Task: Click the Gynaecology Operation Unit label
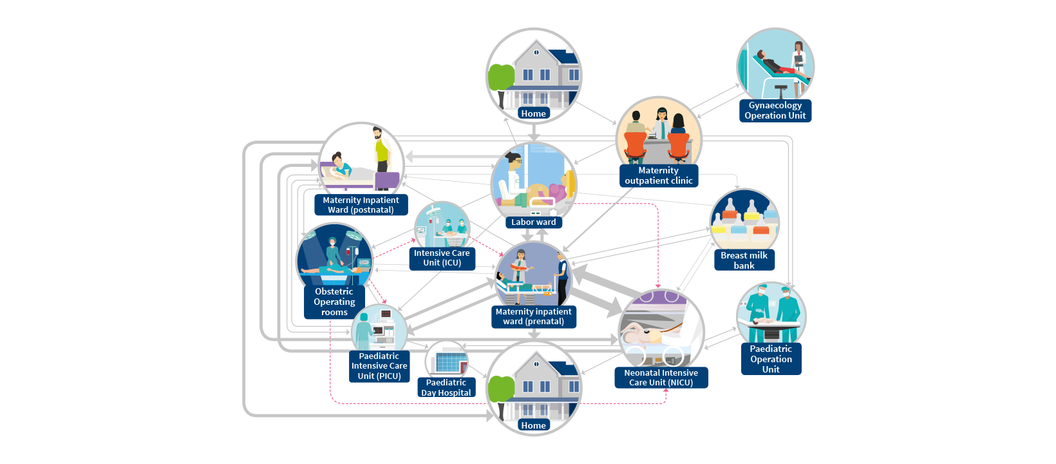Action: [775, 111]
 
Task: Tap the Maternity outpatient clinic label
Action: [658, 176]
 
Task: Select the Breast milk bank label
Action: [744, 260]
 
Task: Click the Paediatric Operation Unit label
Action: [771, 359]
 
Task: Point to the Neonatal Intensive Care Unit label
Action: [661, 378]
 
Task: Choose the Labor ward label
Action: [533, 222]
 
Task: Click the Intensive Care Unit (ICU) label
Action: [442, 258]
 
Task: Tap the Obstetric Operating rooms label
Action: [334, 302]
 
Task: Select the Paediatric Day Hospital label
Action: [446, 387]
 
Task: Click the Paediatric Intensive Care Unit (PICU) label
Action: [379, 366]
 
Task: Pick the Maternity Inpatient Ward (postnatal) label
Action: [361, 205]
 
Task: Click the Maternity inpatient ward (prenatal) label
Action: [533, 316]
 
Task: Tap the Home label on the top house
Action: [533, 113]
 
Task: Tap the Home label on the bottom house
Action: [533, 425]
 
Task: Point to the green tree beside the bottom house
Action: [501, 391]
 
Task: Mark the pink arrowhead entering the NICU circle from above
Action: [658, 285]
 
